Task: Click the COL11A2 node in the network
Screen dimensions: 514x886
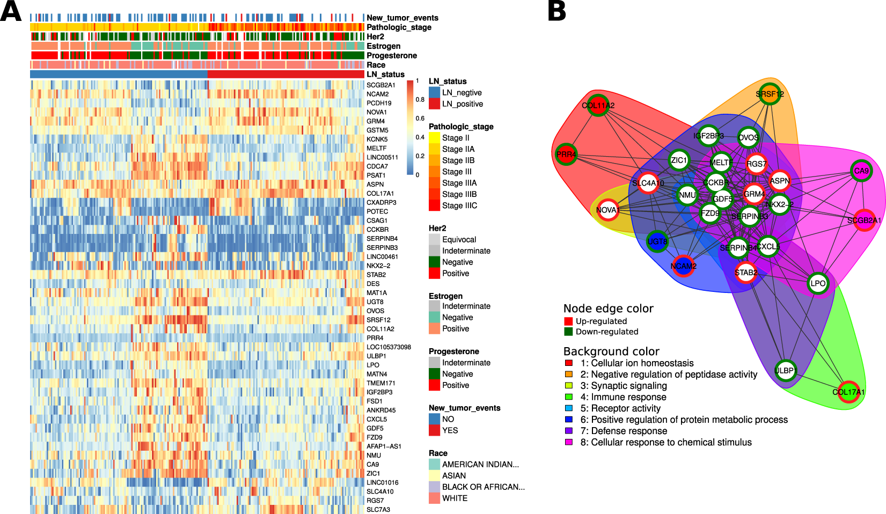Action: pyautogui.click(x=598, y=105)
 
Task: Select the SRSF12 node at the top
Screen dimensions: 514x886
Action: pyautogui.click(x=770, y=94)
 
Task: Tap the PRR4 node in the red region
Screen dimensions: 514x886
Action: pyautogui.click(x=566, y=155)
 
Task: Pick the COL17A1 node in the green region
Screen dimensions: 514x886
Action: pyautogui.click(x=848, y=392)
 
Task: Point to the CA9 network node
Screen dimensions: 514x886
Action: pyautogui.click(x=861, y=171)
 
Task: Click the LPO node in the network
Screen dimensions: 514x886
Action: pyautogui.click(x=818, y=283)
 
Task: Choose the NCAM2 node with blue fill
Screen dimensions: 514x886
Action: pyautogui.click(x=683, y=266)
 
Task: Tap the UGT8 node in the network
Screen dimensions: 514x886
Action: pyautogui.click(x=657, y=241)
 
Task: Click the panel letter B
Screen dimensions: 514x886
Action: pyautogui.click(x=557, y=11)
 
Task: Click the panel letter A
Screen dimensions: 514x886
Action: pyautogui.click(x=11, y=11)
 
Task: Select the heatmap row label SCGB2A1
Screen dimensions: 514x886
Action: pyautogui.click(x=380, y=85)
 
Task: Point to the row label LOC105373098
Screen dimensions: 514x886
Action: pyautogui.click(x=389, y=347)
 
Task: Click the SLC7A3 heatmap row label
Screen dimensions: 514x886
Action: pyautogui.click(x=378, y=510)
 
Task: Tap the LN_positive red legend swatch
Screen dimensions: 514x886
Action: pyautogui.click(x=434, y=104)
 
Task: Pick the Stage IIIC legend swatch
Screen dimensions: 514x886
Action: pyautogui.click(x=434, y=205)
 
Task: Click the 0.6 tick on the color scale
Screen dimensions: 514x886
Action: pyautogui.click(x=420, y=119)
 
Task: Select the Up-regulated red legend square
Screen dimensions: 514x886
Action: pyautogui.click(x=568, y=321)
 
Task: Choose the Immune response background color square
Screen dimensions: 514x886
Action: pyautogui.click(x=569, y=397)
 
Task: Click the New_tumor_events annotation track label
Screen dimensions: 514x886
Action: pyautogui.click(x=402, y=18)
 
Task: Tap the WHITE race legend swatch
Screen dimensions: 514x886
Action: pyautogui.click(x=434, y=498)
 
